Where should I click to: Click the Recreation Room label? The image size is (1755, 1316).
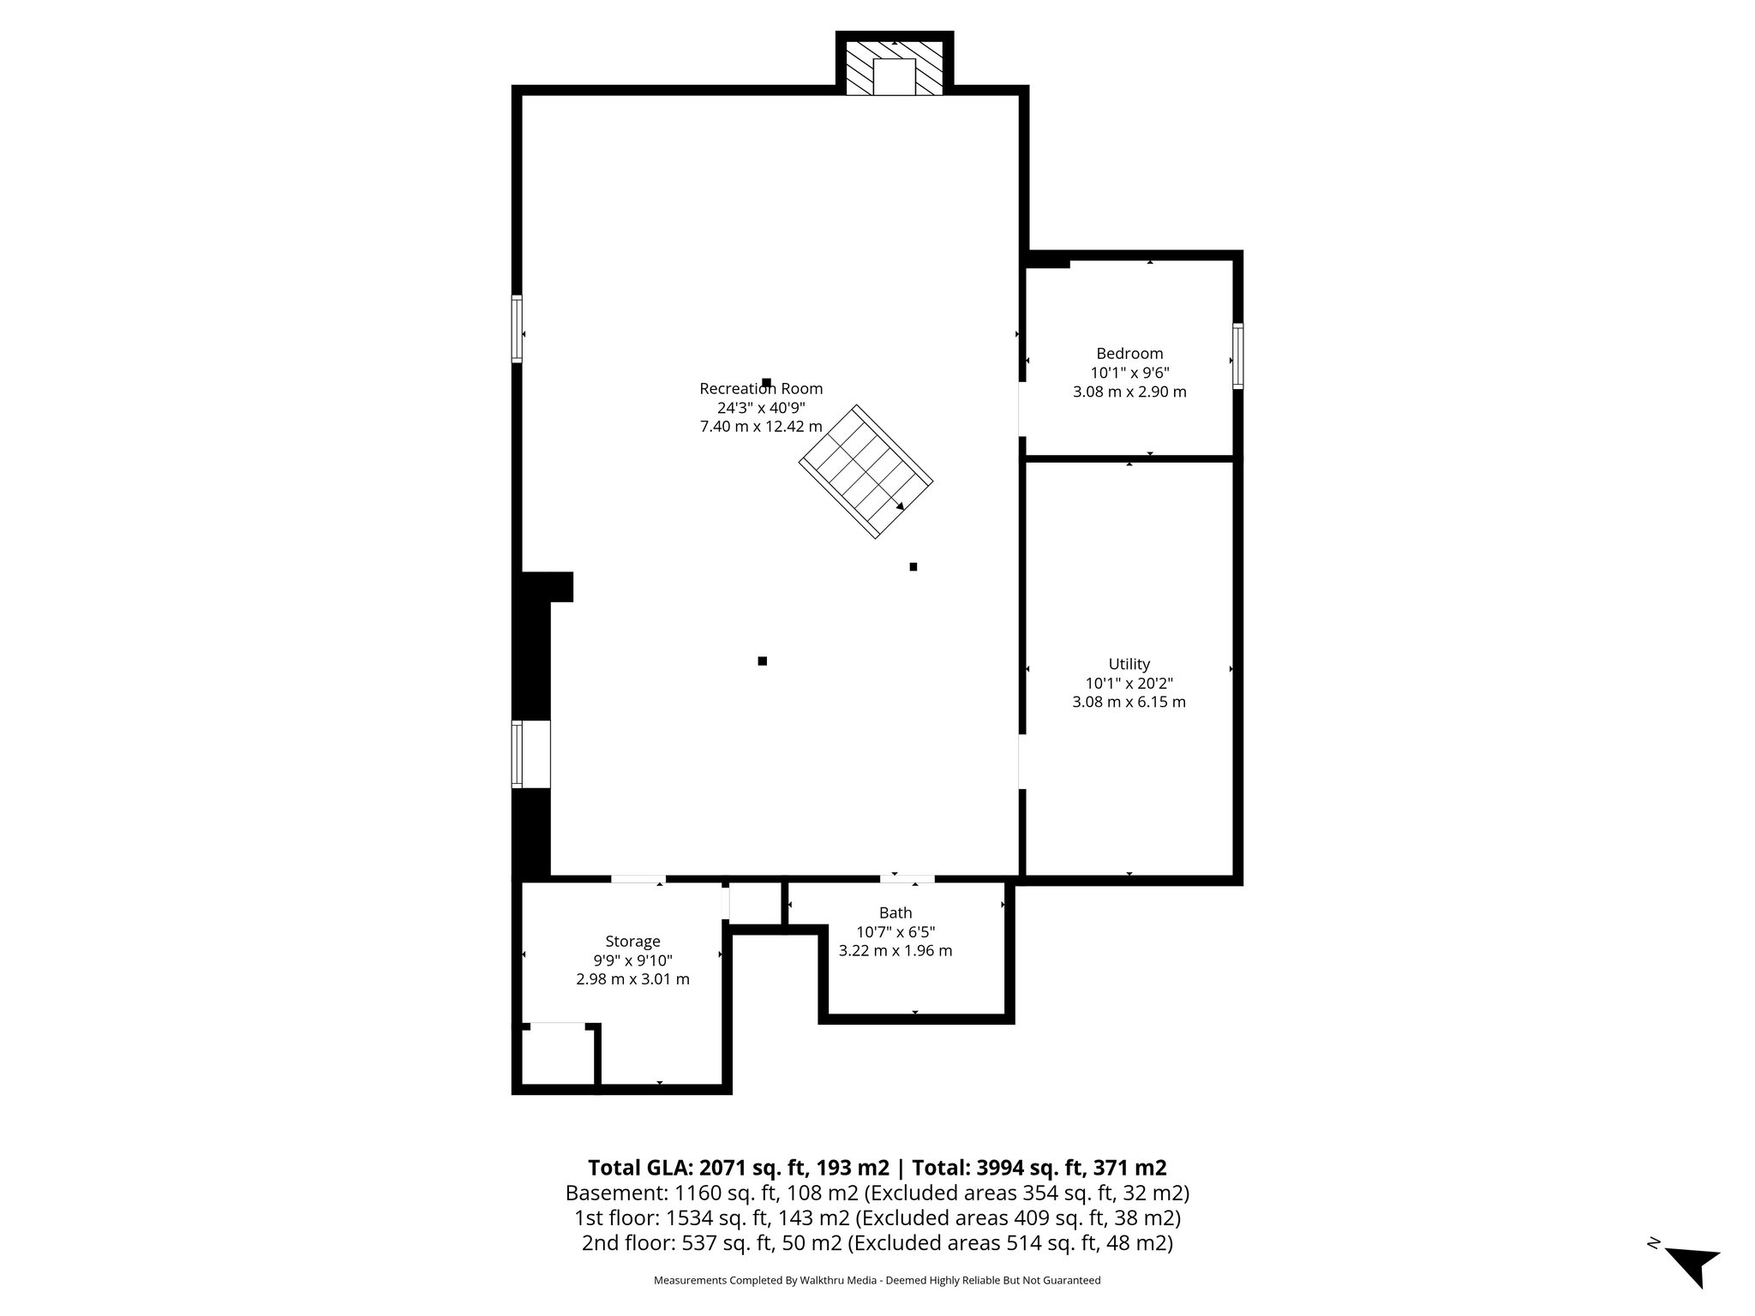761,389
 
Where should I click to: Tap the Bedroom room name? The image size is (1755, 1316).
1129,354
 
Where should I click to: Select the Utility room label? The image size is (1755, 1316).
1129,664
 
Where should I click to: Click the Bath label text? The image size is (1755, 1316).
895,913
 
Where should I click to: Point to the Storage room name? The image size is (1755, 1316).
632,942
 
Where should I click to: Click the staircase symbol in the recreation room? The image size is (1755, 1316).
866,472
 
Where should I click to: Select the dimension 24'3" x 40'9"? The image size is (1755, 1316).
761,408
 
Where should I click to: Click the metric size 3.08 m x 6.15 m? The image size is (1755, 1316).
1129,703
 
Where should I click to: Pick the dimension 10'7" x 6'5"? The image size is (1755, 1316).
895,932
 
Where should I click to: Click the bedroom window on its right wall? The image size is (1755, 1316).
1237,356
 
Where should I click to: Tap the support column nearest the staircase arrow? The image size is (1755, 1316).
913,566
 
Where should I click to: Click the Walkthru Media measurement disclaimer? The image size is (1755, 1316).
877,1280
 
